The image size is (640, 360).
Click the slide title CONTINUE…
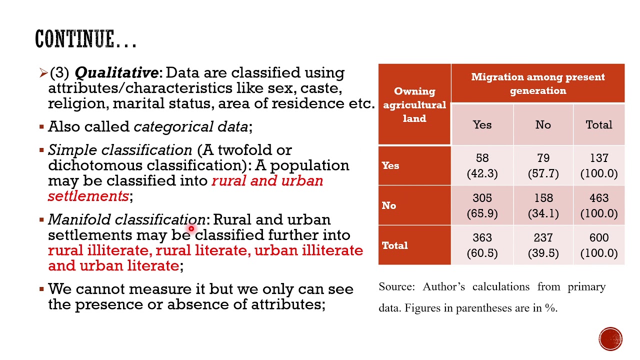tap(85, 39)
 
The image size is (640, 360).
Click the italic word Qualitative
tap(116, 73)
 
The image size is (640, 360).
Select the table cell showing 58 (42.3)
tap(482, 165)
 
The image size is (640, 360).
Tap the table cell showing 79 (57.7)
tap(543, 165)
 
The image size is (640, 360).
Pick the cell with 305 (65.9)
tap(482, 205)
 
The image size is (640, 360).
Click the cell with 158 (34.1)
tap(543, 205)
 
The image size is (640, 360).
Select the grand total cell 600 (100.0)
tap(599, 245)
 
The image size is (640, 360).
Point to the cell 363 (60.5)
tap(482, 245)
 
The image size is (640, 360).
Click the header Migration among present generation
tap(537, 83)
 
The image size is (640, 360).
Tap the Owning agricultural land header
tap(414, 104)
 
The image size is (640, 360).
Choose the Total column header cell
tap(599, 124)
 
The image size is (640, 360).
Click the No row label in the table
tap(389, 205)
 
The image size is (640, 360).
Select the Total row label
tap(394, 245)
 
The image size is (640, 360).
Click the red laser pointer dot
tap(191, 228)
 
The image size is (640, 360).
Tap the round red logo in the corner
tap(610, 338)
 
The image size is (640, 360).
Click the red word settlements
tap(88, 196)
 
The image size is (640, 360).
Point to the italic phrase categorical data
tap(190, 127)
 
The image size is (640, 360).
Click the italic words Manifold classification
tap(126, 219)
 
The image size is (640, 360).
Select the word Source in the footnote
tap(396, 287)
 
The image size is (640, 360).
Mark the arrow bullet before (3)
tap(43, 73)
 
